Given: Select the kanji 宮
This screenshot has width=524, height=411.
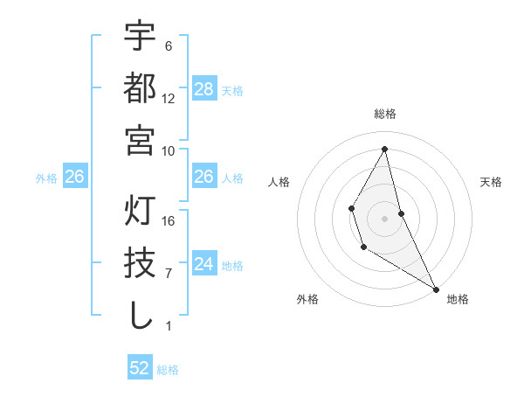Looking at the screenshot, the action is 140,140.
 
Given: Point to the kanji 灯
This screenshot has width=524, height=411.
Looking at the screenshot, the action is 140,212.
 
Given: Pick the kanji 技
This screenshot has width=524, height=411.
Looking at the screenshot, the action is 140,263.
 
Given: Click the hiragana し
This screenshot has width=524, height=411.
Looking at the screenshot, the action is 140,316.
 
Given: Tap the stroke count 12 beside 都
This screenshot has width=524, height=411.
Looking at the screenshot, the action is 169,98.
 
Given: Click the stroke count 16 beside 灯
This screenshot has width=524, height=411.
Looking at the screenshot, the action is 169,221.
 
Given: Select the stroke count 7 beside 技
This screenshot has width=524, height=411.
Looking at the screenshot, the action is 169,274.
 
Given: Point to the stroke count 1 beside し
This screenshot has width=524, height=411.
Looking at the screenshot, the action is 169,326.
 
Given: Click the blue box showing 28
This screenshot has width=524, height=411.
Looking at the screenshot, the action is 203,89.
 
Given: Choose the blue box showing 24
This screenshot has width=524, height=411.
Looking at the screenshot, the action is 203,264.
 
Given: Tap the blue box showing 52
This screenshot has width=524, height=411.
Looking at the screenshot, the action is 140,368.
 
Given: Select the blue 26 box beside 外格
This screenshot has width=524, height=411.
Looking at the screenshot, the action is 74,177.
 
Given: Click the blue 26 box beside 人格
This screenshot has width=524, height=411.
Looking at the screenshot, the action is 203,177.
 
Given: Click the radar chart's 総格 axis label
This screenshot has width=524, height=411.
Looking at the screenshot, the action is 385,114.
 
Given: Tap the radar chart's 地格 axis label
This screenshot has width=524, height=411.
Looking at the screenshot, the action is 458,299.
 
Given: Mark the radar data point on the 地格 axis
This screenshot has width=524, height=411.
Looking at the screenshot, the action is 436,289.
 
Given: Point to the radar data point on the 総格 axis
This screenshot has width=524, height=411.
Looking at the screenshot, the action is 385,149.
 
